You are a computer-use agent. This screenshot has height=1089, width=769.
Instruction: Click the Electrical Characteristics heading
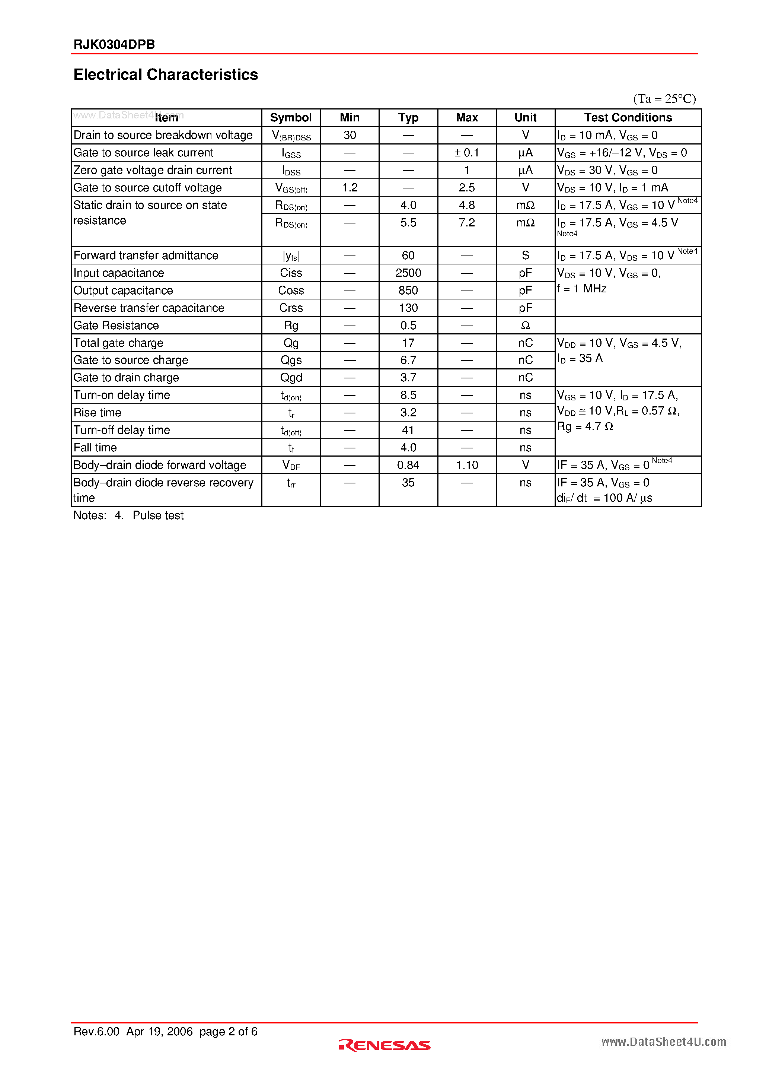(166, 74)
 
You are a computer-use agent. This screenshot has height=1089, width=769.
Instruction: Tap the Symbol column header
(291, 118)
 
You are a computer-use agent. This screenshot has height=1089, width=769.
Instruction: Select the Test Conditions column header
(628, 118)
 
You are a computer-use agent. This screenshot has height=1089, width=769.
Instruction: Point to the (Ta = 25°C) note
(664, 99)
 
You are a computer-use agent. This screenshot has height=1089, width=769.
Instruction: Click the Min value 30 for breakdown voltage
(350, 135)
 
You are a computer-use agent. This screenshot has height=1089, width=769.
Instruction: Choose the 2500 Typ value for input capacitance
(408, 273)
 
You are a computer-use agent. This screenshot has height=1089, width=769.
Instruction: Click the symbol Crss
(291, 308)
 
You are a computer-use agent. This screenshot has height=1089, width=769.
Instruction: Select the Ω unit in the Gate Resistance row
(525, 326)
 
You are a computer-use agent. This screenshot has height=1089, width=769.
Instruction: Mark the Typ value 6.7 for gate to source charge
(408, 360)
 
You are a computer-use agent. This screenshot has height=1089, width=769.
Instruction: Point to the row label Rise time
(97, 413)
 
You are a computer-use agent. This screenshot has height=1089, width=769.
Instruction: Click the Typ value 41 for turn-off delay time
(408, 430)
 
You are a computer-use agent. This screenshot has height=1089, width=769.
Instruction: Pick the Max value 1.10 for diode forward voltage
(467, 465)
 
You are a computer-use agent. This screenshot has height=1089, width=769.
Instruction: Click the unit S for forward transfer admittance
(525, 255)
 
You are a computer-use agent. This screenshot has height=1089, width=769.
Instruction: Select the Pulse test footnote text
(158, 515)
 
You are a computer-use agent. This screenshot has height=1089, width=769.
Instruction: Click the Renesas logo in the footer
(384, 1045)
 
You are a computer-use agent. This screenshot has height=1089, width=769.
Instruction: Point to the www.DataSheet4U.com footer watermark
(663, 1042)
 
